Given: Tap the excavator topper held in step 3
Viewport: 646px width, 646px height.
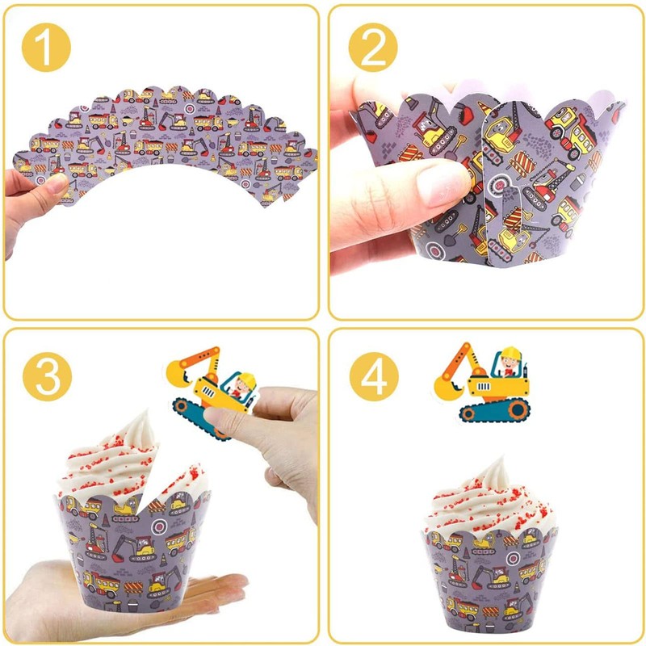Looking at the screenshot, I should coord(212,388).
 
